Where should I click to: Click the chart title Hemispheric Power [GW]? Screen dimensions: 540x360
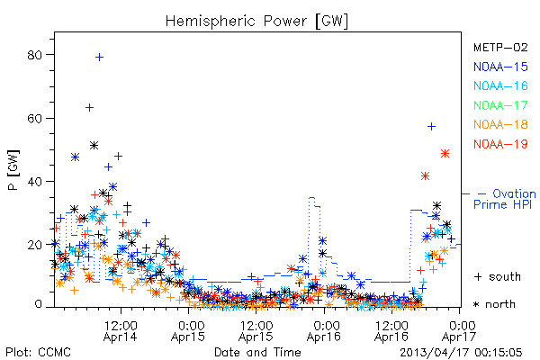coord(256,22)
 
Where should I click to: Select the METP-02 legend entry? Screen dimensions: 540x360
coord(500,47)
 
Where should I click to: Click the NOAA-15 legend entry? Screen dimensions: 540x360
coord(500,67)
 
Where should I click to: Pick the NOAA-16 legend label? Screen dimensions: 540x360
coord(500,85)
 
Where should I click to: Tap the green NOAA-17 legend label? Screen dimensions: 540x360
coord(500,105)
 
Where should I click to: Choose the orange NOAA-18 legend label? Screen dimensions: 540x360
coord(500,124)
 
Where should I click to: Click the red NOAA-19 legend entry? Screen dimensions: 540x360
coord(500,144)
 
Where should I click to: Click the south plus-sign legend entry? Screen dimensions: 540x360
coord(498,276)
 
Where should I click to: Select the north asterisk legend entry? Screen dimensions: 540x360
coord(494,304)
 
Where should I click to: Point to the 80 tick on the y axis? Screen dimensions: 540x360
coord(34,55)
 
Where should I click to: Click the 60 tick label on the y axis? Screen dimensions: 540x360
coord(34,118)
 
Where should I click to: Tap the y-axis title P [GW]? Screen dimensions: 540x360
coord(13,170)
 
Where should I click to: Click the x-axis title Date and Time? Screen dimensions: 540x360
coord(257,352)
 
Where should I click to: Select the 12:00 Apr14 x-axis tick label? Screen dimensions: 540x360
coord(121,330)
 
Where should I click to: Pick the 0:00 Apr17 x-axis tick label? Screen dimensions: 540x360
coord(459,330)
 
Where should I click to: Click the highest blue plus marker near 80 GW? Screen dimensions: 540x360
coord(99,58)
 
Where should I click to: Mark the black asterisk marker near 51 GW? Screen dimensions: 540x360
coord(94,146)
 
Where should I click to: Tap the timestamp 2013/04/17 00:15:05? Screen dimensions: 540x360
coord(461,352)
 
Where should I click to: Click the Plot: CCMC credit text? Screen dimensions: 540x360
coord(38,352)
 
